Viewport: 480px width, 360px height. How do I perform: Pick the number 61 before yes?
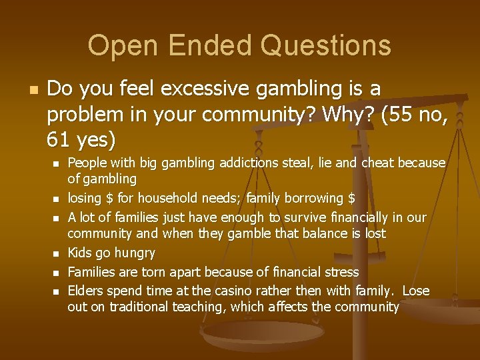(59, 139)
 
